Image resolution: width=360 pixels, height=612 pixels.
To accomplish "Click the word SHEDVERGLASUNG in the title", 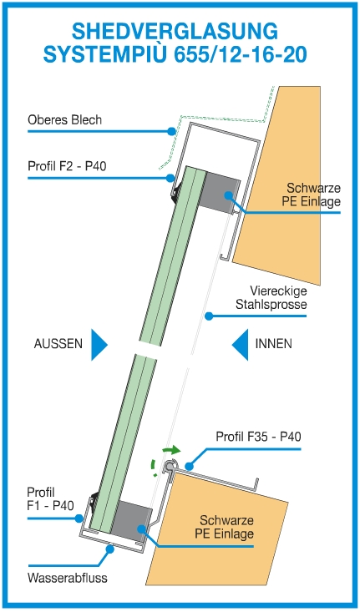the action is (x=175, y=31).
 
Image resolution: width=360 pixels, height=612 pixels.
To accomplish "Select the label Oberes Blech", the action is (x=64, y=119).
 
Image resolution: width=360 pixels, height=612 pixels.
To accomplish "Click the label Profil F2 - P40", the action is (x=67, y=166).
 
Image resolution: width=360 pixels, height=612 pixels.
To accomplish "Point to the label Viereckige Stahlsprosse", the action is (x=271, y=297).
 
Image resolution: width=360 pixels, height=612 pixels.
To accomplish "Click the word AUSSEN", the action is (x=58, y=344).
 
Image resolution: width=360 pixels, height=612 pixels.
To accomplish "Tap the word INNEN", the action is (x=273, y=344).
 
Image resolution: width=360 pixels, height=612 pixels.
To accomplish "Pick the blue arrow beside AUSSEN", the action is (x=99, y=345).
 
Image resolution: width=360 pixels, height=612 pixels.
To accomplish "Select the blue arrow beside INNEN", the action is (x=240, y=345).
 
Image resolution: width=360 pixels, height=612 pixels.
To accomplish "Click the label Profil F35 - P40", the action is (x=258, y=437).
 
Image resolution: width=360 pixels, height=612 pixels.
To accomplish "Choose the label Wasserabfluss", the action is (x=67, y=578).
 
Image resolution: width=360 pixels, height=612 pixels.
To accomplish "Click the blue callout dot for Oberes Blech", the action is (x=171, y=132).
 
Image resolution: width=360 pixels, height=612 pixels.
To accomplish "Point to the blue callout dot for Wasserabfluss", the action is (x=110, y=549).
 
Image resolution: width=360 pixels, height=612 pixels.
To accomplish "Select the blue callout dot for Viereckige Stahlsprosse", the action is (x=210, y=316).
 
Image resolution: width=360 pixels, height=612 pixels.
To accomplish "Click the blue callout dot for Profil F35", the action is (x=190, y=466).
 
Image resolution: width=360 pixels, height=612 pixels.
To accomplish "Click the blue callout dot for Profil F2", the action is (x=170, y=178).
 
